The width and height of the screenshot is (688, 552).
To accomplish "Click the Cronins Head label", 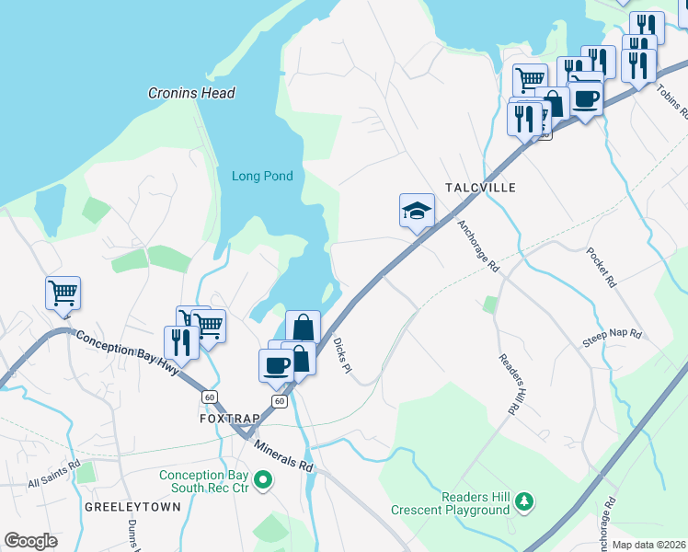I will pyautogui.click(x=191, y=93).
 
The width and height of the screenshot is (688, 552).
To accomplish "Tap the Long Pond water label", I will pyautogui.click(x=262, y=177).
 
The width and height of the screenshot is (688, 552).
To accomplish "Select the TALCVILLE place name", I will pyautogui.click(x=480, y=187).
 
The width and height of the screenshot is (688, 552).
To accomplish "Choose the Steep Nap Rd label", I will pyautogui.click(x=611, y=338).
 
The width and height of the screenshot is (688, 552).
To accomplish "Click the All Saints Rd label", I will pyautogui.click(x=54, y=481).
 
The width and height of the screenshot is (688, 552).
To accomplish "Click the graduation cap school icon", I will pyautogui.click(x=417, y=210).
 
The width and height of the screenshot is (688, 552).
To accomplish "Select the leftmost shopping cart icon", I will pyautogui.click(x=63, y=293).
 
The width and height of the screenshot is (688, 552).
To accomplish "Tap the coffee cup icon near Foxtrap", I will pyautogui.click(x=276, y=365).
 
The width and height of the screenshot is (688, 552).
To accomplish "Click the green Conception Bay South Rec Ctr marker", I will pyautogui.click(x=263, y=479).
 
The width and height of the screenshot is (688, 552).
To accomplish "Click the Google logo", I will pyautogui.click(x=30, y=541).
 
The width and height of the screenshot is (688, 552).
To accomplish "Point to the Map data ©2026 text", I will pyautogui.click(x=648, y=545).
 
